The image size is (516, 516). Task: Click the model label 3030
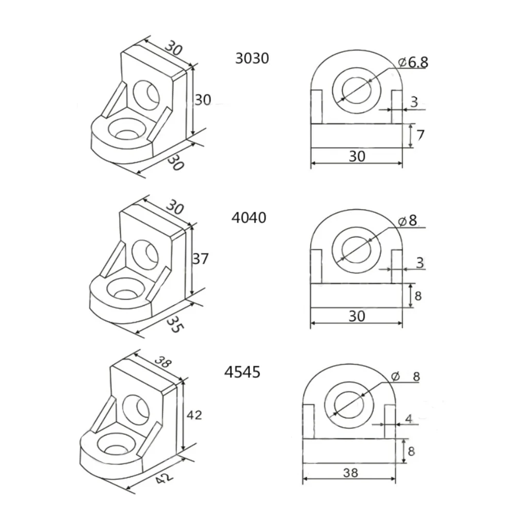tap(252, 58)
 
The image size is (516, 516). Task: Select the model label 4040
tap(249, 218)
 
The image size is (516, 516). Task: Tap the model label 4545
tap(242, 372)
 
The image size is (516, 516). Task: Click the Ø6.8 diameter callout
tap(413, 62)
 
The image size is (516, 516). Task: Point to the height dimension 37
tap(200, 259)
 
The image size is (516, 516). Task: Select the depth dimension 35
tap(175, 324)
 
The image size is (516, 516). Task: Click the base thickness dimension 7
tap(420, 135)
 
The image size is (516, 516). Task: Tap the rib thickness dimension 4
tap(408, 419)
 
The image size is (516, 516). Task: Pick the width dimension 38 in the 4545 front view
tap(350, 473)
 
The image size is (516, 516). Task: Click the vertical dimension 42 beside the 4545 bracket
tap(194, 415)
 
